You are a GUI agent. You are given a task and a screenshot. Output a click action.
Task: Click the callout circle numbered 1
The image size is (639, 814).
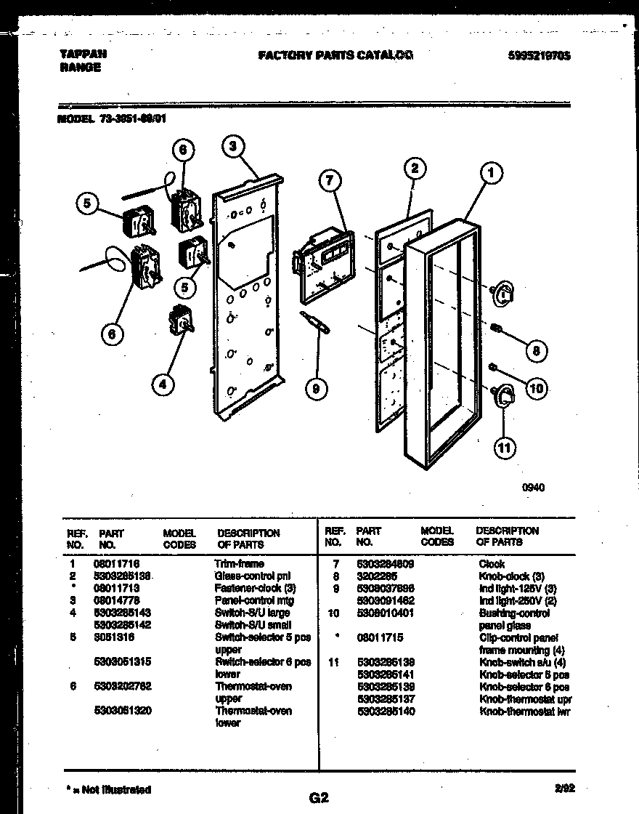click(x=492, y=173)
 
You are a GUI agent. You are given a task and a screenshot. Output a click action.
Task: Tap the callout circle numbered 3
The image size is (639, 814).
click(x=232, y=148)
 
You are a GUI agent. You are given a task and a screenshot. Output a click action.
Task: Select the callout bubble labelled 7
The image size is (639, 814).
click(x=329, y=179)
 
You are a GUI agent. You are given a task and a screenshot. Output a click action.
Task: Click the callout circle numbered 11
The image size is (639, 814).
click(x=503, y=448)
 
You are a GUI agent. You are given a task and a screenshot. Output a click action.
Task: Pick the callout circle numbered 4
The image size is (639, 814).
click(x=163, y=384)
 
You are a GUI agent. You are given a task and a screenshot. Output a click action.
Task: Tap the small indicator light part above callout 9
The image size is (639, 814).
click(x=317, y=322)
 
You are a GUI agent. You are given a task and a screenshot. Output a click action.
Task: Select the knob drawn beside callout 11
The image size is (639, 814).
click(x=503, y=397)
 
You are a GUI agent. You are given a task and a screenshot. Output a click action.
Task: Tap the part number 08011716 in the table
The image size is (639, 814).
click(x=116, y=563)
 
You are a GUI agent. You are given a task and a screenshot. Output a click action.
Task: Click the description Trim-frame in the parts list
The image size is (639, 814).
click(x=239, y=563)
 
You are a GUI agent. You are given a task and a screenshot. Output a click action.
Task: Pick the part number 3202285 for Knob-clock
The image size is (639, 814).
click(x=376, y=576)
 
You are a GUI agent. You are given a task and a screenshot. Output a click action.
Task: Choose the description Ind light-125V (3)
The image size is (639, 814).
click(x=517, y=588)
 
